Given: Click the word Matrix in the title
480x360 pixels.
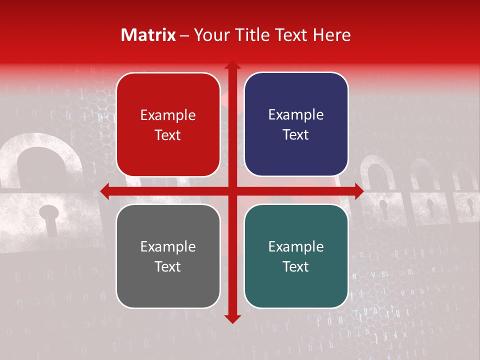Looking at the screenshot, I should pos(148,35).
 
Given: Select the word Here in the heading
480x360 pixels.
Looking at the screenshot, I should pos(332,35).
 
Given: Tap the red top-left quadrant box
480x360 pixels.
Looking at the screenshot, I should pos(168,124).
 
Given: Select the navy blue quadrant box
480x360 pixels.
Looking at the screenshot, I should pos(296,124).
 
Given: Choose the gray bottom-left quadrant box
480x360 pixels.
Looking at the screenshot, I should pos(168,256).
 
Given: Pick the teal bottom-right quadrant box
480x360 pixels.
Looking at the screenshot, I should pos(296,256).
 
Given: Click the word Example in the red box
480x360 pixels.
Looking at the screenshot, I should pos(168,115).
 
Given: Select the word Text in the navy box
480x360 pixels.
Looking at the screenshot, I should pos(296,135).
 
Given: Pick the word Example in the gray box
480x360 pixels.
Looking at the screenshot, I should pos(168,247).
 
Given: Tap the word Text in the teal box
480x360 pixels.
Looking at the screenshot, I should pos(296,267).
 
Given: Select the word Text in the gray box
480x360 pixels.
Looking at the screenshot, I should pos(168,267).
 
